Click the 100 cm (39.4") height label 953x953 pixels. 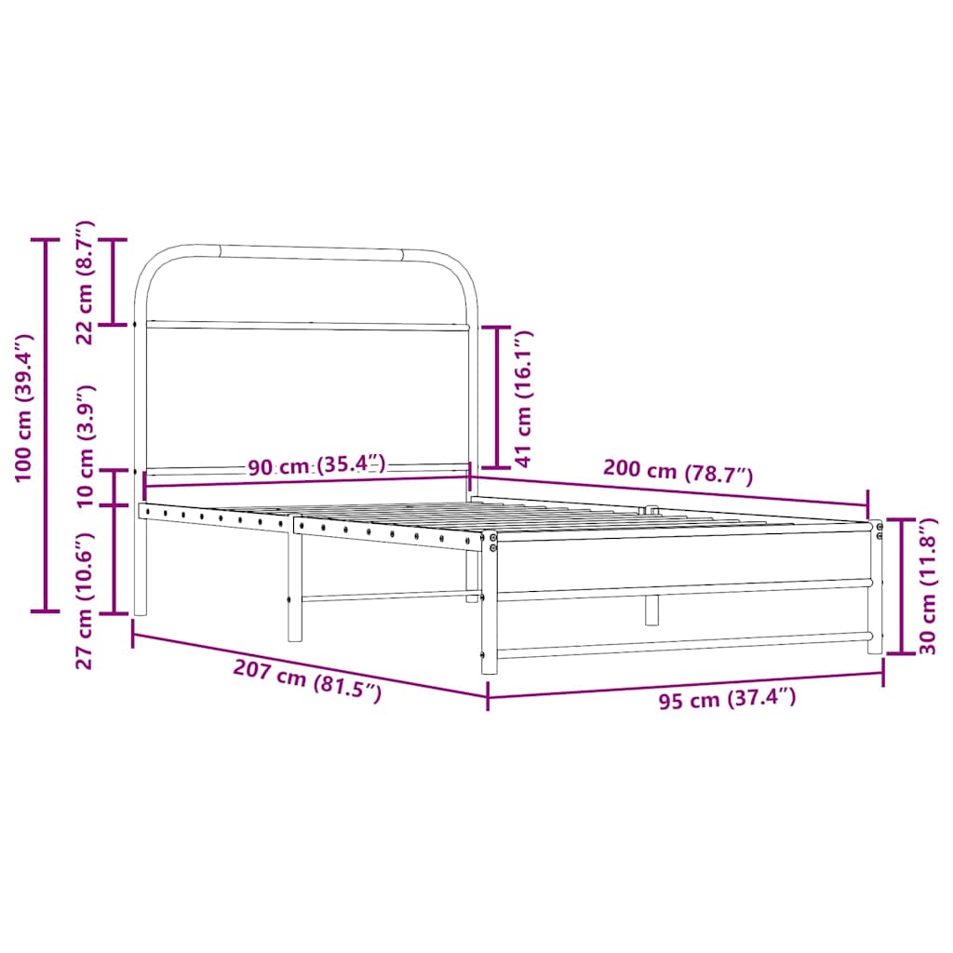[23, 408]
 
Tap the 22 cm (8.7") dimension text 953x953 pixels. [85, 283]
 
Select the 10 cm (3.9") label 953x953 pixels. [86, 446]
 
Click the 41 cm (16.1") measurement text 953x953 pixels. [523, 398]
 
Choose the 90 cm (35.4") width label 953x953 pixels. [316, 465]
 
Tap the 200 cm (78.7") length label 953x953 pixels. [678, 472]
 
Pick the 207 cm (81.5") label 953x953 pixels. [307, 680]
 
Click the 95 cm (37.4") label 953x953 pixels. [727, 700]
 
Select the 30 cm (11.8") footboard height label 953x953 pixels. [928, 586]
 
